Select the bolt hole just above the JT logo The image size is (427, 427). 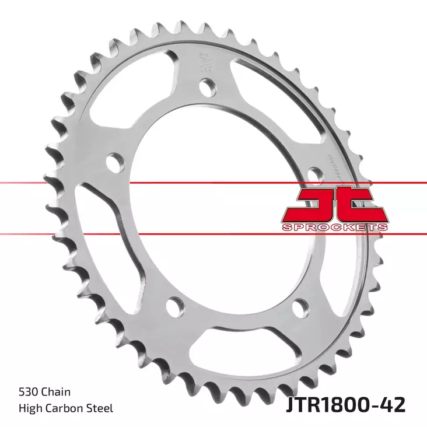pyautogui.click(x=314, y=173)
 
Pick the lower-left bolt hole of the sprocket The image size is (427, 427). pyautogui.click(x=171, y=305)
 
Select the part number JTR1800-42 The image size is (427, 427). pyautogui.click(x=346, y=405)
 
